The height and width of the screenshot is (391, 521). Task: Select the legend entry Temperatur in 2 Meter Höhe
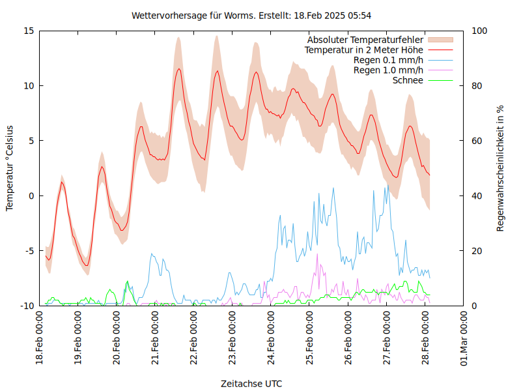click(364, 50)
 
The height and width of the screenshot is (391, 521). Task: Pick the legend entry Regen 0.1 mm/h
click(388, 60)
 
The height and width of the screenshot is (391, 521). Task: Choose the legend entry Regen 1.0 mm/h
click(388, 70)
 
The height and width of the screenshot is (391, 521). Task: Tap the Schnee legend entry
click(408, 80)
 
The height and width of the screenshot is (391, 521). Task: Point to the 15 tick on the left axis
click(29, 31)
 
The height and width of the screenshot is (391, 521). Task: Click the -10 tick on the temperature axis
click(27, 306)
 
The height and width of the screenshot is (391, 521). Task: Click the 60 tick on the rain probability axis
click(477, 141)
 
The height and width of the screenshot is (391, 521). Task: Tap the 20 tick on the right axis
click(477, 251)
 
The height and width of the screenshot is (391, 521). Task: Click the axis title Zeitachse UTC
click(251, 383)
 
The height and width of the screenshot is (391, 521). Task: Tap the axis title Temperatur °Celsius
click(10, 168)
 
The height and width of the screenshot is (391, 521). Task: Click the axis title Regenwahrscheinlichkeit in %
click(501, 168)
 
